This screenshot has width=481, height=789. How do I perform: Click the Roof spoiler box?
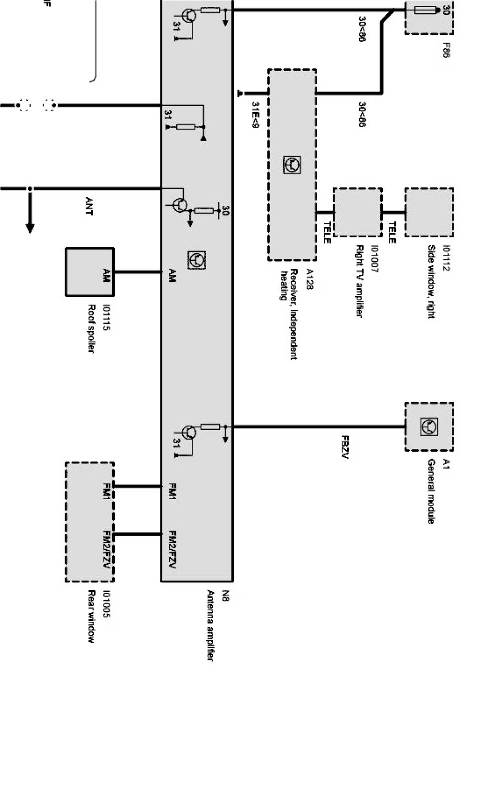[x=90, y=272]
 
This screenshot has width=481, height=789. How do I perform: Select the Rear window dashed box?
[x=90, y=522]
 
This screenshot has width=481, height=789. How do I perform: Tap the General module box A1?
[x=429, y=427]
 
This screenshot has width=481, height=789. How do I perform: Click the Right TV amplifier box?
[x=358, y=212]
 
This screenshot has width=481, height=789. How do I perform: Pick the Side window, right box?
[x=429, y=212]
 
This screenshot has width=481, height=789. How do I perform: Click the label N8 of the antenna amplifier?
[x=225, y=596]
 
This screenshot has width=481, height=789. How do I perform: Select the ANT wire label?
[x=89, y=206]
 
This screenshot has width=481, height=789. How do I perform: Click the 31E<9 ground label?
[x=256, y=115]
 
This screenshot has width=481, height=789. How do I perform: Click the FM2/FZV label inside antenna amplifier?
[x=172, y=549]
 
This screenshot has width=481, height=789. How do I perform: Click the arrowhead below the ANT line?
[x=30, y=228]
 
